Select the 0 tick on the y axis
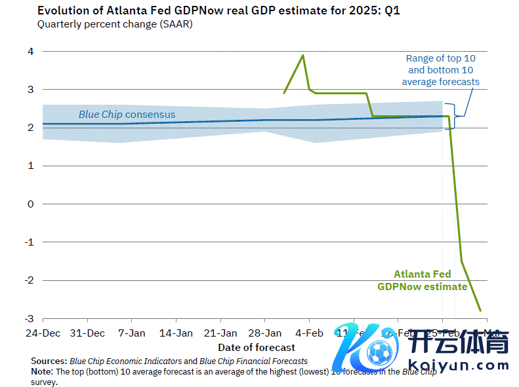pos(30,204)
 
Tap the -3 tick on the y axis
pos(28,318)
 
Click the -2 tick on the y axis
pos(28,280)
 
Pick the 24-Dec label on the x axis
pos(43,333)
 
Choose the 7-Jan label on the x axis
pos(131,333)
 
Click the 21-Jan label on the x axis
pos(220,333)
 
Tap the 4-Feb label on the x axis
pos(310,333)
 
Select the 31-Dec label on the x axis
pos(87,333)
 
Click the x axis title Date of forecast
pos(257,347)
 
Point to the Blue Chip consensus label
pos(127,115)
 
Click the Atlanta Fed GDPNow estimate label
pos(423,280)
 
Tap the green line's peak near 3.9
pos(302,55)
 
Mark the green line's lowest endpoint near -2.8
pos(481,310)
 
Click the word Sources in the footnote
pos(48,361)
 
